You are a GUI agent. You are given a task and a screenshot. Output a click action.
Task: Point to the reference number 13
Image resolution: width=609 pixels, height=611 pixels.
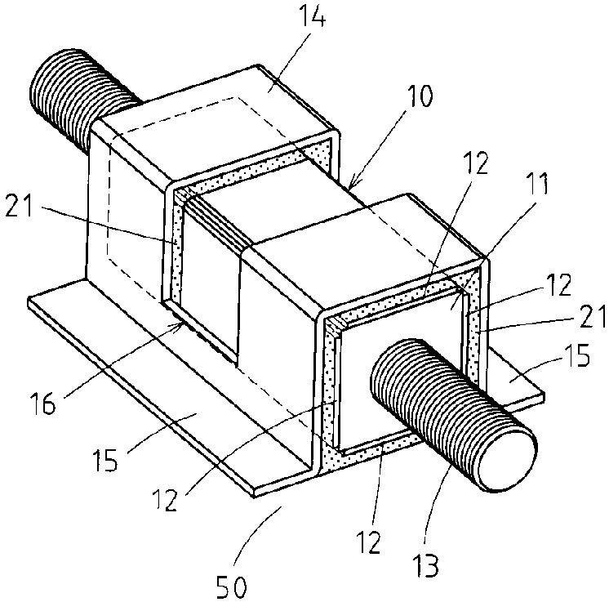[426, 564]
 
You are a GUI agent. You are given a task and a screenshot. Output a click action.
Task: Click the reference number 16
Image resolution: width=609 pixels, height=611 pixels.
[42, 404]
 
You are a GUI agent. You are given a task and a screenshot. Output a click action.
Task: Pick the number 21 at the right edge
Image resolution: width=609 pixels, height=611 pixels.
[591, 316]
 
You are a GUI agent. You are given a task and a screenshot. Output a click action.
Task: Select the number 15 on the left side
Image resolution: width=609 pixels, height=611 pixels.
[105, 461]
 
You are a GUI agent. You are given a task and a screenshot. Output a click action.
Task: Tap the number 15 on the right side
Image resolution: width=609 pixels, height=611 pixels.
[577, 355]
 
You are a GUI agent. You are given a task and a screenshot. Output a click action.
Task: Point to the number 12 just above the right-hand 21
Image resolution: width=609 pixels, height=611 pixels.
[558, 285]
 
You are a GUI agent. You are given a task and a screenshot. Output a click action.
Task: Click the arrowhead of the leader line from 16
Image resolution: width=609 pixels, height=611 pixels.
[179, 324]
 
